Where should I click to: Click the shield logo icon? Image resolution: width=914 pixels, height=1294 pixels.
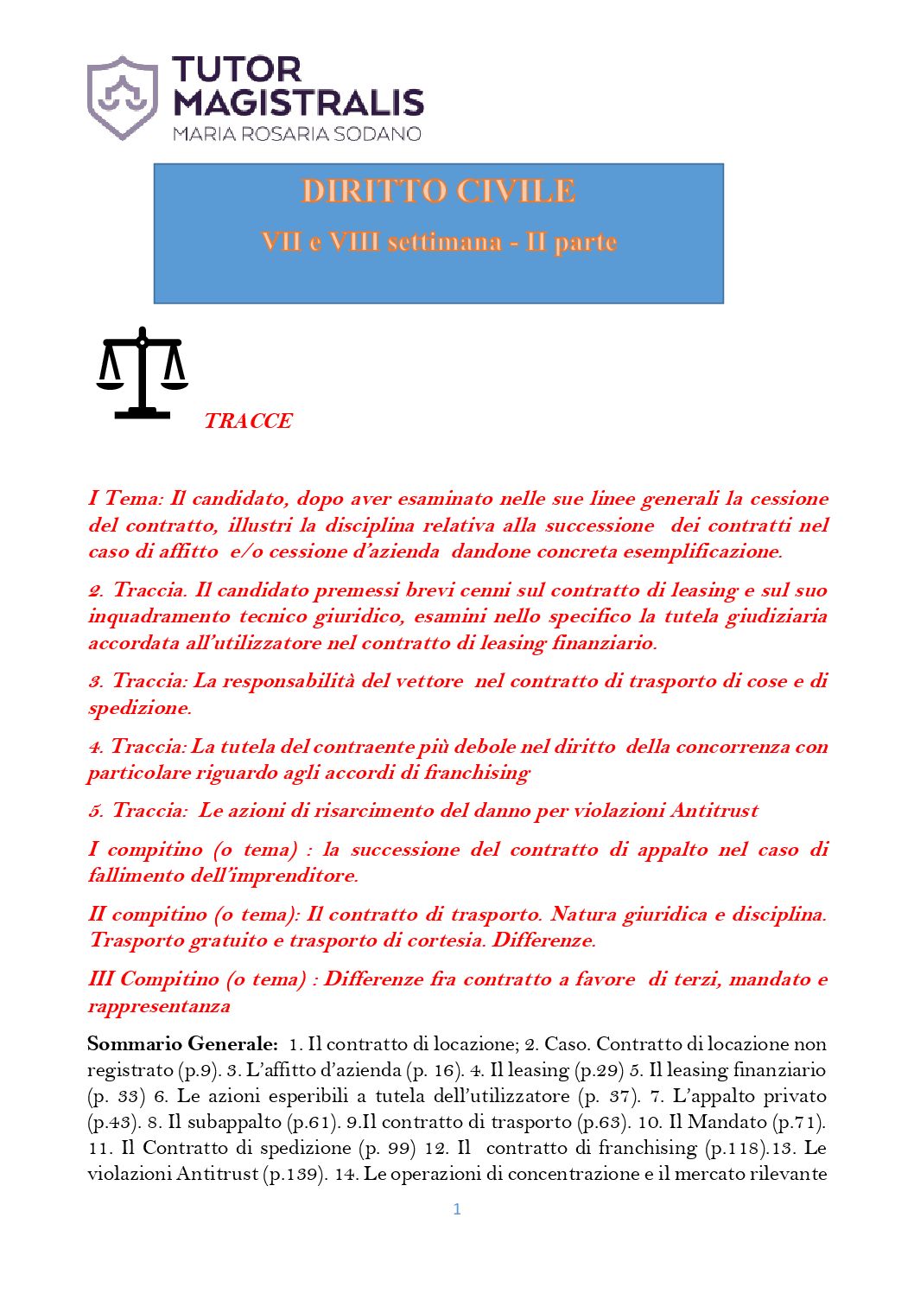tap(123, 98)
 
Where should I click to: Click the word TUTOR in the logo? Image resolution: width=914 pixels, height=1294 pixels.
tap(236, 70)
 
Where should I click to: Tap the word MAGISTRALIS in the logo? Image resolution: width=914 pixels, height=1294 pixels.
tap(298, 104)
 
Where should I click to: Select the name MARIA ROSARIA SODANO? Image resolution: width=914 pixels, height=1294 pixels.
tap(296, 134)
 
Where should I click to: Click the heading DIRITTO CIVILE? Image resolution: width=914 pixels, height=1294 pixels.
tap(438, 191)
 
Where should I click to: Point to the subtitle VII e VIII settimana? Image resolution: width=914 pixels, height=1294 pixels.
tap(381, 242)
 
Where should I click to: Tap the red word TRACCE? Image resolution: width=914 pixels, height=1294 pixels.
tap(248, 421)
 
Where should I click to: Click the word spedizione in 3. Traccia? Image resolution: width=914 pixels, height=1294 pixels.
tap(138, 708)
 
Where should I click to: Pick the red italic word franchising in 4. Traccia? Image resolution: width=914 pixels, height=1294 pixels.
tap(476, 773)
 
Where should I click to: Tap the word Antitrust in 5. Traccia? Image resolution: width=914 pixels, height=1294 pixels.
tap(714, 811)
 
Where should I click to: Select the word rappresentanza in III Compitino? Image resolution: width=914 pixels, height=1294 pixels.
tap(159, 1006)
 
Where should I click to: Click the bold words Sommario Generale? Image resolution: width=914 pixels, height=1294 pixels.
tap(182, 1044)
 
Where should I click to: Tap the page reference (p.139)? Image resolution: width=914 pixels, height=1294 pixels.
tap(295, 1174)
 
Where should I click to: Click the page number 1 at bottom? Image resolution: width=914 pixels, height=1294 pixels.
tap(457, 1209)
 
